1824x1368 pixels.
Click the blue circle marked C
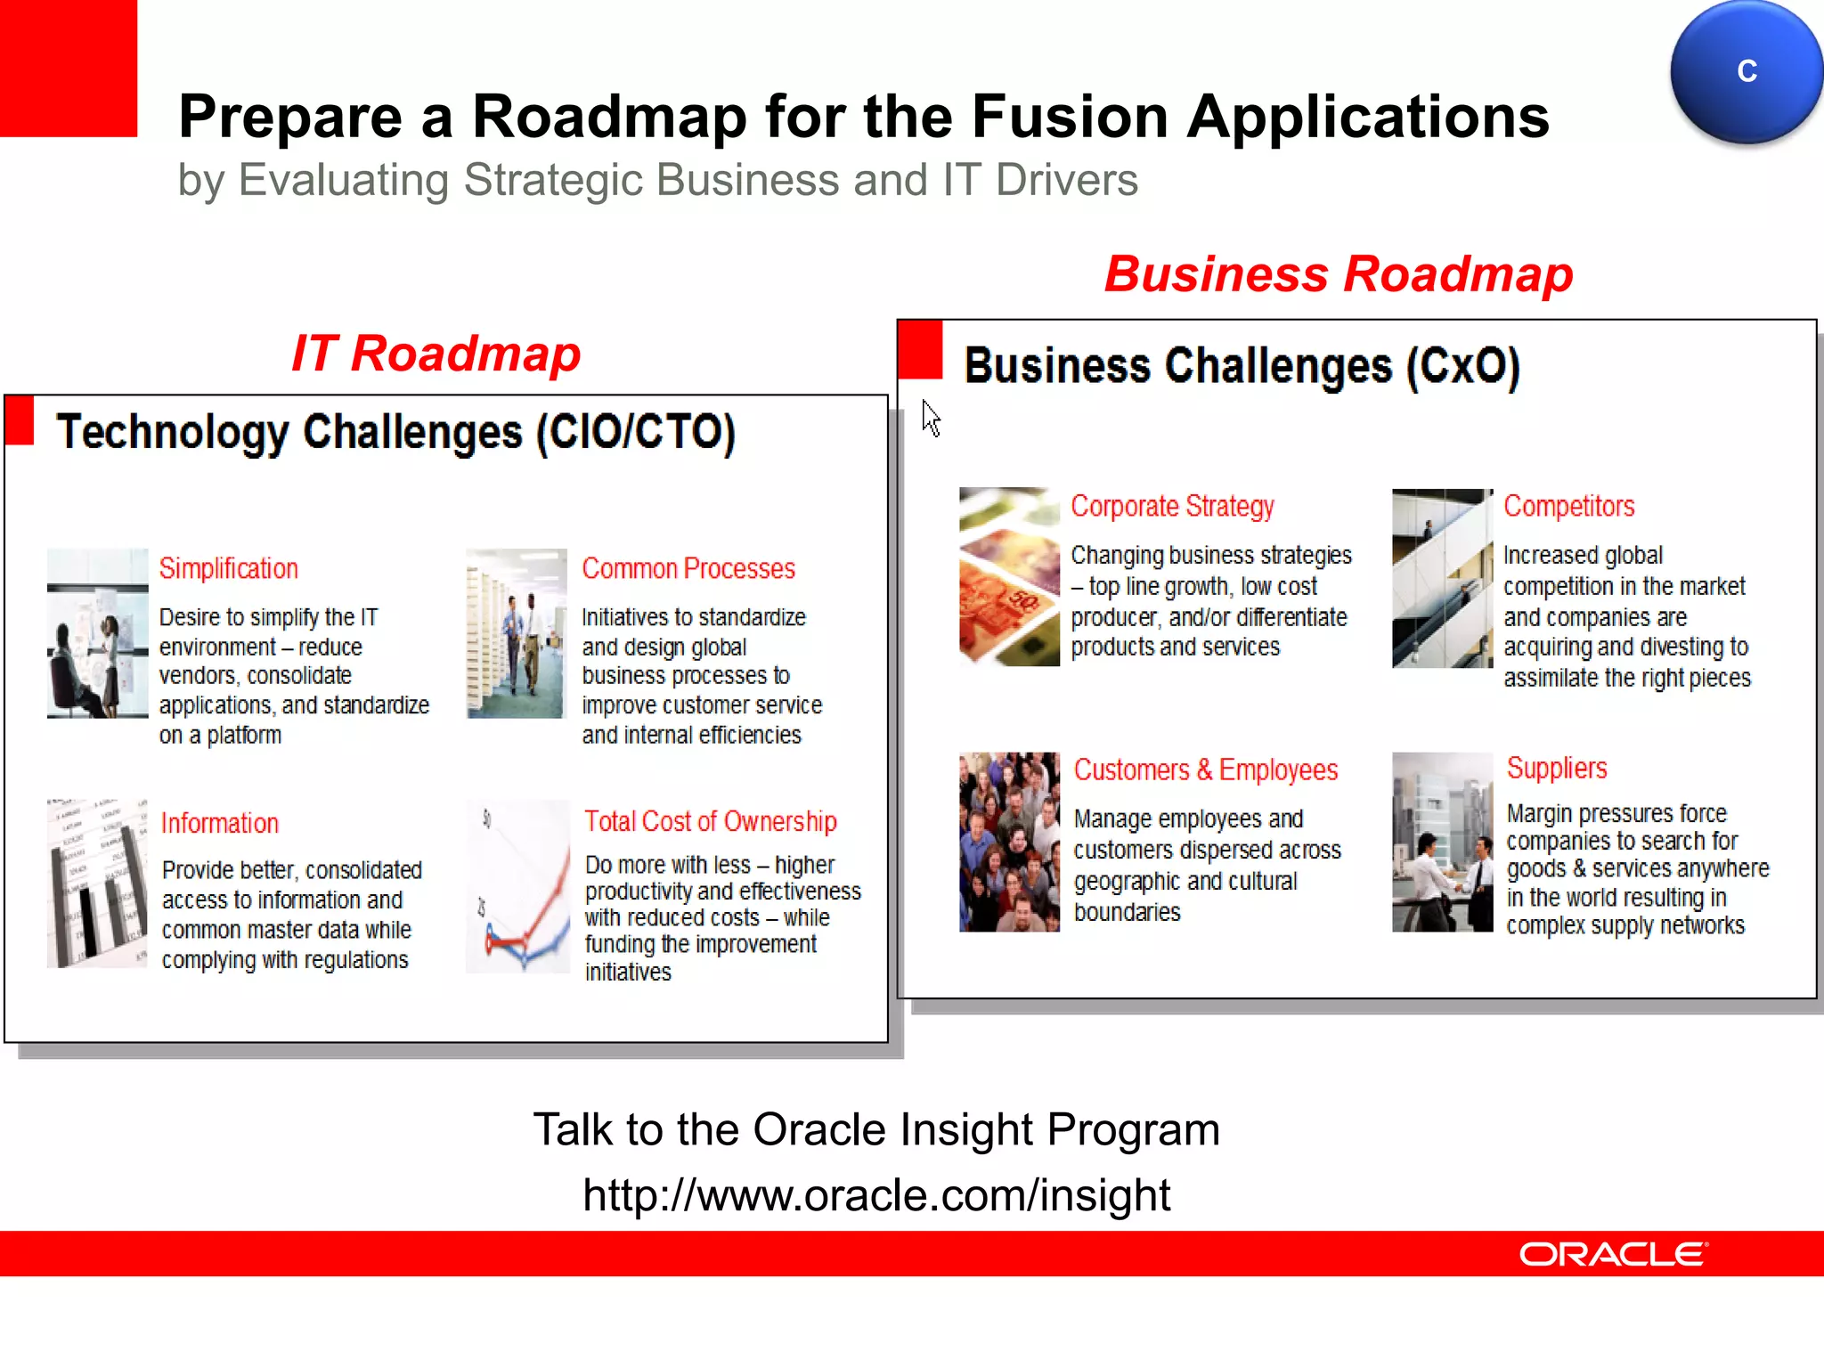[x=1746, y=71]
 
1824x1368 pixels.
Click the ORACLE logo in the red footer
[x=1613, y=1254]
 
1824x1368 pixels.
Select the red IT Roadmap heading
[x=436, y=354]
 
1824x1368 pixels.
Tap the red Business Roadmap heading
[x=1339, y=273]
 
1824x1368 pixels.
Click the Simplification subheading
[x=229, y=568]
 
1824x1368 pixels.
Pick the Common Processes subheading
[x=688, y=568]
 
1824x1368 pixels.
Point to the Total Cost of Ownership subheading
[x=711, y=821]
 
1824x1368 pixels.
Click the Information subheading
[x=220, y=823]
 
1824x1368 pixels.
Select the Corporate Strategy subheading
[x=1172, y=506]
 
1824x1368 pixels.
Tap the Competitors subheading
[x=1569, y=506]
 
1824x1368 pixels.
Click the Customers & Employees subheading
[x=1206, y=769]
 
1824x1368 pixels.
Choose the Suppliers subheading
[x=1557, y=768]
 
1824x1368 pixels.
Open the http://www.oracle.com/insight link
[x=876, y=1195]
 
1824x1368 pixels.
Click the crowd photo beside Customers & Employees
[x=1009, y=842]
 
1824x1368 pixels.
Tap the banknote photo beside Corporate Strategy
[x=1009, y=576]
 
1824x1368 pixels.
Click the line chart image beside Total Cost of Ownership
[x=517, y=886]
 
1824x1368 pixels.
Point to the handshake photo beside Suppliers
[x=1442, y=842]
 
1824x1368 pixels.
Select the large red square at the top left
[x=68, y=68]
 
